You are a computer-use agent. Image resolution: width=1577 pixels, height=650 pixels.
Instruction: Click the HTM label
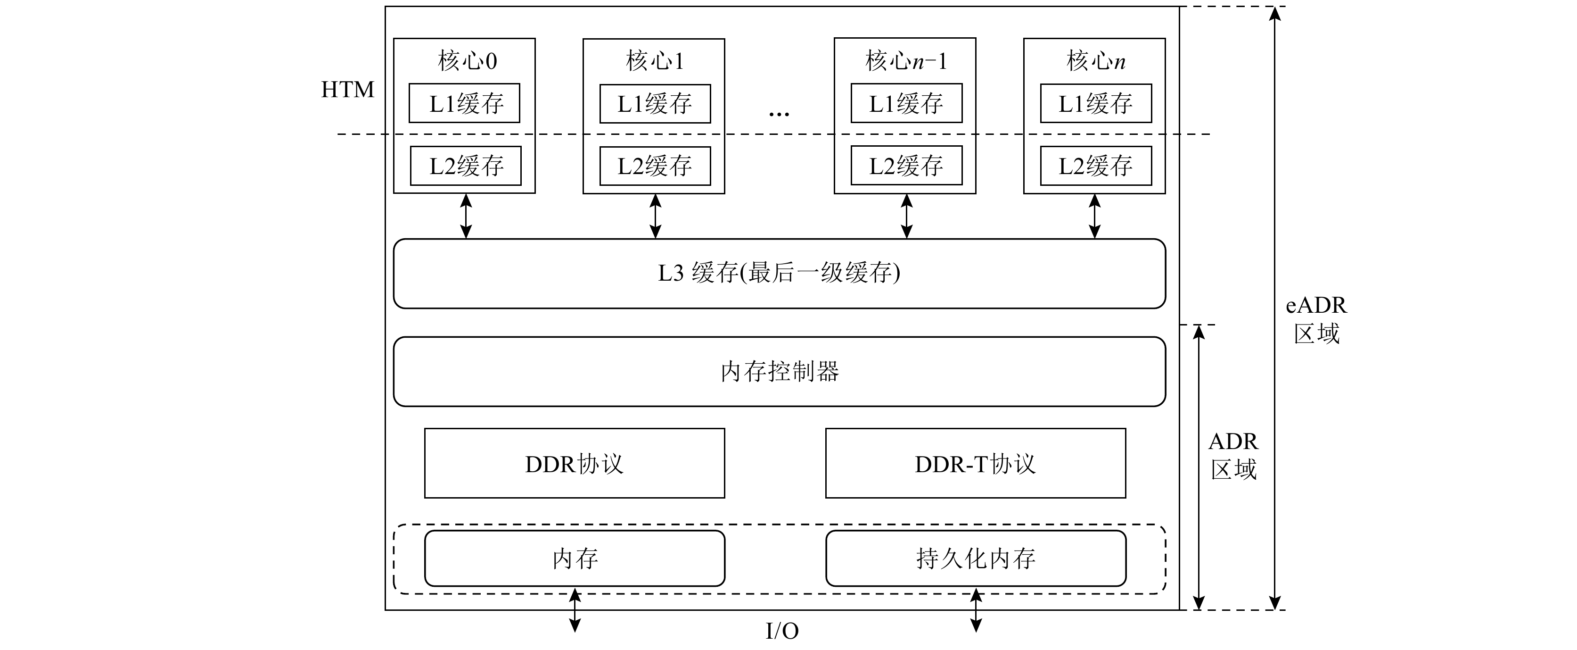(347, 90)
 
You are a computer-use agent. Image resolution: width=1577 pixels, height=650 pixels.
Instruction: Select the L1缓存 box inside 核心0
(465, 103)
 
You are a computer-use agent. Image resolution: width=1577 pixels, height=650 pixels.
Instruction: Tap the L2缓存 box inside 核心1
(655, 166)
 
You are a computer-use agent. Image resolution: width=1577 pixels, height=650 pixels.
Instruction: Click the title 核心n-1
(905, 61)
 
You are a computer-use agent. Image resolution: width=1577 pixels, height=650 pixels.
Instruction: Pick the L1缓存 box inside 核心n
(1095, 103)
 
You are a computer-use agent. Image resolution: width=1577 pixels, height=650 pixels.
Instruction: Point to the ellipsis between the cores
(779, 113)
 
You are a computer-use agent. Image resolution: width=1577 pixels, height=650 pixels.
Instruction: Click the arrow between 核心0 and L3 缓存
(466, 216)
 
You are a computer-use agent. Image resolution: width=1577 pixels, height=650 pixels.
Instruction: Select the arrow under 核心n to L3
(1094, 216)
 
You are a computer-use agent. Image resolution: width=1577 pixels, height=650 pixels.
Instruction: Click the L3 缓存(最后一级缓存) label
(779, 273)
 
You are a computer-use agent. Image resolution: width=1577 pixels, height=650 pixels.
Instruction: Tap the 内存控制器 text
(779, 371)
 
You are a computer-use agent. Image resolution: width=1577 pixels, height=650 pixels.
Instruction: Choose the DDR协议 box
(574, 464)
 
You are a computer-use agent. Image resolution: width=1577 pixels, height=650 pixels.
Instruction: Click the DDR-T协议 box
(975, 464)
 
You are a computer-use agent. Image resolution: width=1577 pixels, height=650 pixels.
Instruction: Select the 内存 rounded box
(574, 558)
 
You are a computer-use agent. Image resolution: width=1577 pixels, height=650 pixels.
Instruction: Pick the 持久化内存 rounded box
(975, 558)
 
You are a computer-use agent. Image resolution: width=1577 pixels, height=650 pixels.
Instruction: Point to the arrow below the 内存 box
(575, 610)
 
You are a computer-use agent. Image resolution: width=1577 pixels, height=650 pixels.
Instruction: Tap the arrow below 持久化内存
(976, 610)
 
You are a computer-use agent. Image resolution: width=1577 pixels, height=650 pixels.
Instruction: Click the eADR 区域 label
(1316, 320)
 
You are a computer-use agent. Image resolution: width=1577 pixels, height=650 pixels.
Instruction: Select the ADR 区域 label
(1233, 456)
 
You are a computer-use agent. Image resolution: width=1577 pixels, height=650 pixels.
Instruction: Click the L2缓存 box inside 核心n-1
(906, 166)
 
